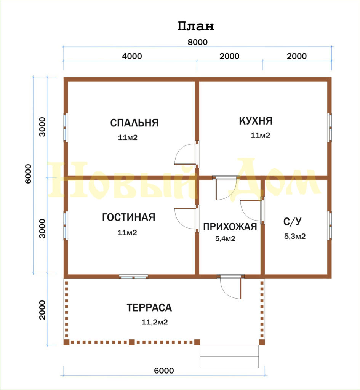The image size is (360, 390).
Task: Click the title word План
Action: [x=195, y=26]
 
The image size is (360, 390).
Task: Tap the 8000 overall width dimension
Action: [x=198, y=42]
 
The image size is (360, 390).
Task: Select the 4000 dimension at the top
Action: [x=132, y=56]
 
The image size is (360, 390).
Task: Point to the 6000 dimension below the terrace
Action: [x=164, y=371]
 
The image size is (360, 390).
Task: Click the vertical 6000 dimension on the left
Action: [x=28, y=174]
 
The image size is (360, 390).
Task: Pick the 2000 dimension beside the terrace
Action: [x=42, y=310]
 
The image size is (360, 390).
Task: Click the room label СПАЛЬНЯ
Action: [x=134, y=123]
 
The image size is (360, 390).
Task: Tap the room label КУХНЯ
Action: [x=256, y=121]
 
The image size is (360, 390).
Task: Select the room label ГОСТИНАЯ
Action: [x=129, y=217]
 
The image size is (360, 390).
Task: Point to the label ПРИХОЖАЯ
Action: [x=230, y=227]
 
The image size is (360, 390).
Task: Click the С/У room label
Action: [x=293, y=221]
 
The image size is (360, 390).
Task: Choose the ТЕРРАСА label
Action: [x=149, y=308]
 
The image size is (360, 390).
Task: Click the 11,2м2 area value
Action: [x=155, y=322]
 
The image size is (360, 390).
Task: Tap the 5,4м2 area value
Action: [x=225, y=238]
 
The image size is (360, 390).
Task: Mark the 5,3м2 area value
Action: [x=295, y=236]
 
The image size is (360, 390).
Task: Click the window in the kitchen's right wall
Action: [x=330, y=128]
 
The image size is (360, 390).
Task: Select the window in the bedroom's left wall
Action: [x=66, y=128]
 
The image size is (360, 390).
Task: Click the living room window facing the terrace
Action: [x=134, y=277]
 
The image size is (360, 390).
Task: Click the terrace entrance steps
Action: [x=229, y=356]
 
